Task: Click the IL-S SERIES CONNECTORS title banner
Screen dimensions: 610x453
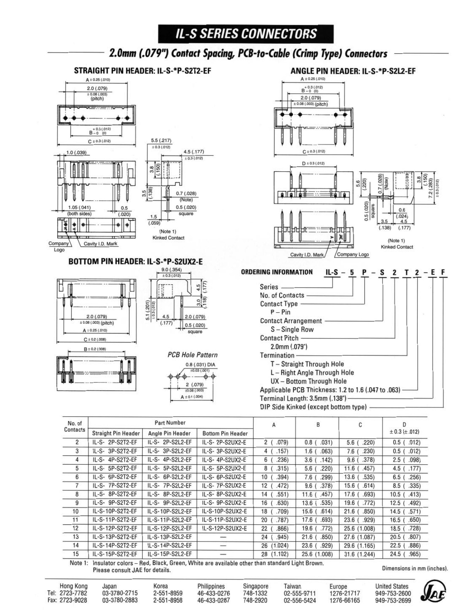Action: coord(246,34)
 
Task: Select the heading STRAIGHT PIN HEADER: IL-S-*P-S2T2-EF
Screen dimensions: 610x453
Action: coord(143,71)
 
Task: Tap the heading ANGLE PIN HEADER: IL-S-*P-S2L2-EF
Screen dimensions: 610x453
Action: coord(353,71)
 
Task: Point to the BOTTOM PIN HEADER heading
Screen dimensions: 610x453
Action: coord(135,261)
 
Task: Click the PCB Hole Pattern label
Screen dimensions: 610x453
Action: coord(193,355)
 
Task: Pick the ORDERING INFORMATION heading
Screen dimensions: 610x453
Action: coord(276,272)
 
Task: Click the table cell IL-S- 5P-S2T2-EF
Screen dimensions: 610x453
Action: coord(115,468)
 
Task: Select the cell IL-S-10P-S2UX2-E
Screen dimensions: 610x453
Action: coord(225,511)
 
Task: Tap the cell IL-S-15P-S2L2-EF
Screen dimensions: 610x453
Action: coord(170,554)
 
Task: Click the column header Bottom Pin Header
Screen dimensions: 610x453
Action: coord(225,433)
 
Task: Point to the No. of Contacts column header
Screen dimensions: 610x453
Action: coord(74,426)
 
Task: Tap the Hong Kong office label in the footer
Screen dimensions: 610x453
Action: coord(73,586)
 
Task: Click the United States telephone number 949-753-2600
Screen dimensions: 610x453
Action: coord(391,593)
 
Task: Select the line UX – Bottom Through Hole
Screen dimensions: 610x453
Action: coord(308,381)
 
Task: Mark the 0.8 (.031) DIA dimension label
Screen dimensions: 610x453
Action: coord(200,365)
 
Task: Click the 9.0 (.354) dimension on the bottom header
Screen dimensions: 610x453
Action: coord(171,270)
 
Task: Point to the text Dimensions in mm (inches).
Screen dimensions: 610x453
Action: coord(415,568)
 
